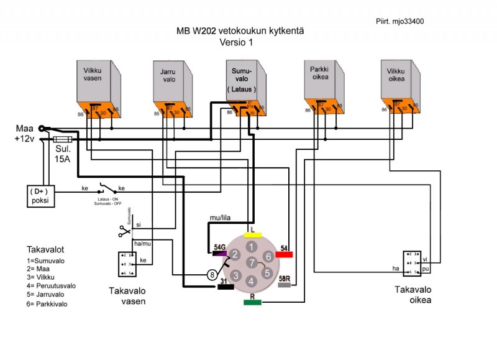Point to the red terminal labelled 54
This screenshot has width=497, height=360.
[283, 254]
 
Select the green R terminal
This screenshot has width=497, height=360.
[252, 302]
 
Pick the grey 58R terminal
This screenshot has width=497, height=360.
[285, 284]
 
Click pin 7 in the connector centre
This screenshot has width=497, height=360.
[250, 263]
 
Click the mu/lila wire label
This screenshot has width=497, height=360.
[220, 218]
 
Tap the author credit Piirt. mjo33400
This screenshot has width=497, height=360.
[400, 21]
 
